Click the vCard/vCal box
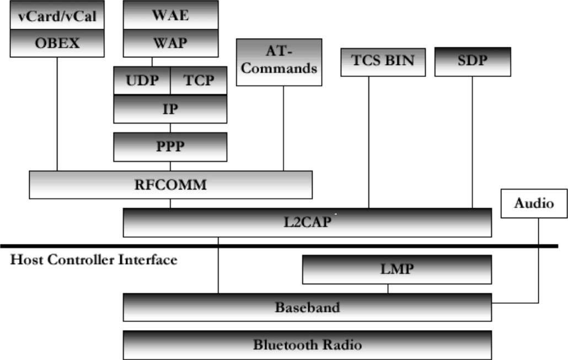tap(57, 16)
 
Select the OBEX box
tap(57, 43)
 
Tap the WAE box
tap(170, 15)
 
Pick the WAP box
tap(170, 43)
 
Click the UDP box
tap(142, 80)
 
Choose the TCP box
tap(199, 80)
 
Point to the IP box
tap(170, 109)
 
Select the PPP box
tap(170, 147)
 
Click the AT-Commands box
tap(279, 62)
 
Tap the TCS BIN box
tap(383, 61)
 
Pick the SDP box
tap(473, 61)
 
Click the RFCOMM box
tap(170, 185)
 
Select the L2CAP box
tap(307, 222)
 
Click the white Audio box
tap(533, 203)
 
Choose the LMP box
tap(397, 270)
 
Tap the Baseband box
tap(307, 307)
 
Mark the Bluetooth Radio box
tap(307, 345)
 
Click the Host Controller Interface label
tap(94, 260)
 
